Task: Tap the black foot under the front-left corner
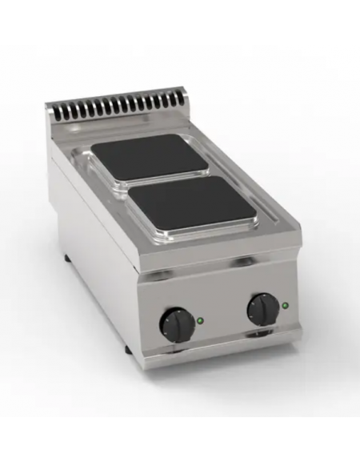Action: pos(128,352)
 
